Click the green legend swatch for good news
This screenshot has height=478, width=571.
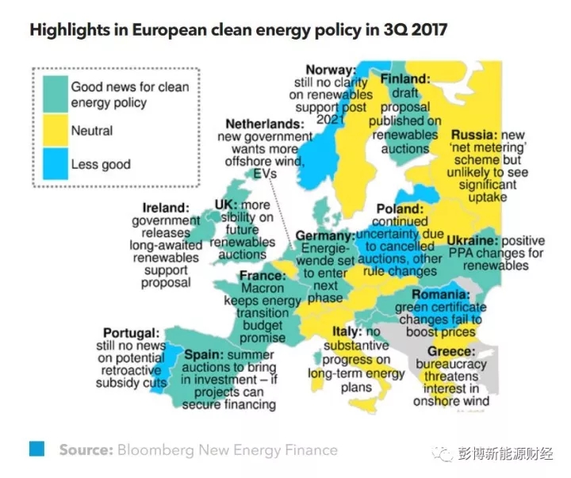(x=55, y=94)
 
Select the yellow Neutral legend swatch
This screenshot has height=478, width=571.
(x=55, y=131)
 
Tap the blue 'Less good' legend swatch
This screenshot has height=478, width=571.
(x=55, y=165)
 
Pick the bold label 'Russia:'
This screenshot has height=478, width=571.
(x=474, y=135)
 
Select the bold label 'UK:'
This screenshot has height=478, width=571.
(x=227, y=205)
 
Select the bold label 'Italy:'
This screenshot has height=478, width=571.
(x=347, y=331)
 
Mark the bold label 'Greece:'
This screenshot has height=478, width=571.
(x=451, y=350)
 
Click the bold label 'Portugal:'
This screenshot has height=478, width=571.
(x=132, y=333)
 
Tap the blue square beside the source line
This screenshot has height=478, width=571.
(x=36, y=449)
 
